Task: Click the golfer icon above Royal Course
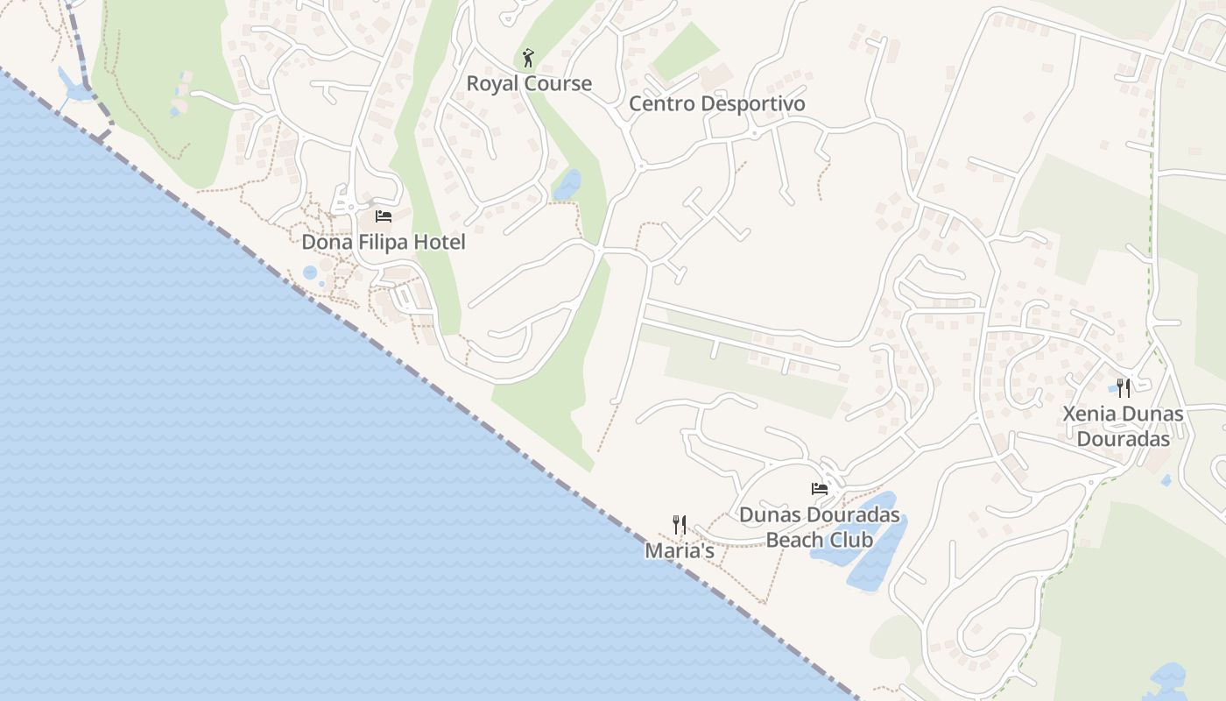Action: pos(527,59)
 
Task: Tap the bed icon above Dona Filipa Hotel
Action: pos(383,216)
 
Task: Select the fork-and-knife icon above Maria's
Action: pos(680,525)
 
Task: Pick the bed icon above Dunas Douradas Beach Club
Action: pos(820,489)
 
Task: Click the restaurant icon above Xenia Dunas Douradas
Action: pos(1124,388)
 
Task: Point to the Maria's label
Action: pos(680,551)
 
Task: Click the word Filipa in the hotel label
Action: pos(384,242)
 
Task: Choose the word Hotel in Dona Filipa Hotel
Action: pos(440,242)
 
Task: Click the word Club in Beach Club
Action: pos(853,540)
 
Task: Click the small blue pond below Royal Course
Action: pos(567,185)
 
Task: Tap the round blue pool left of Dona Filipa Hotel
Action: pos(310,273)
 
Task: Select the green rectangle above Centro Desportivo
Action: pos(686,52)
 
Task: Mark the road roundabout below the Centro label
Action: pos(641,165)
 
